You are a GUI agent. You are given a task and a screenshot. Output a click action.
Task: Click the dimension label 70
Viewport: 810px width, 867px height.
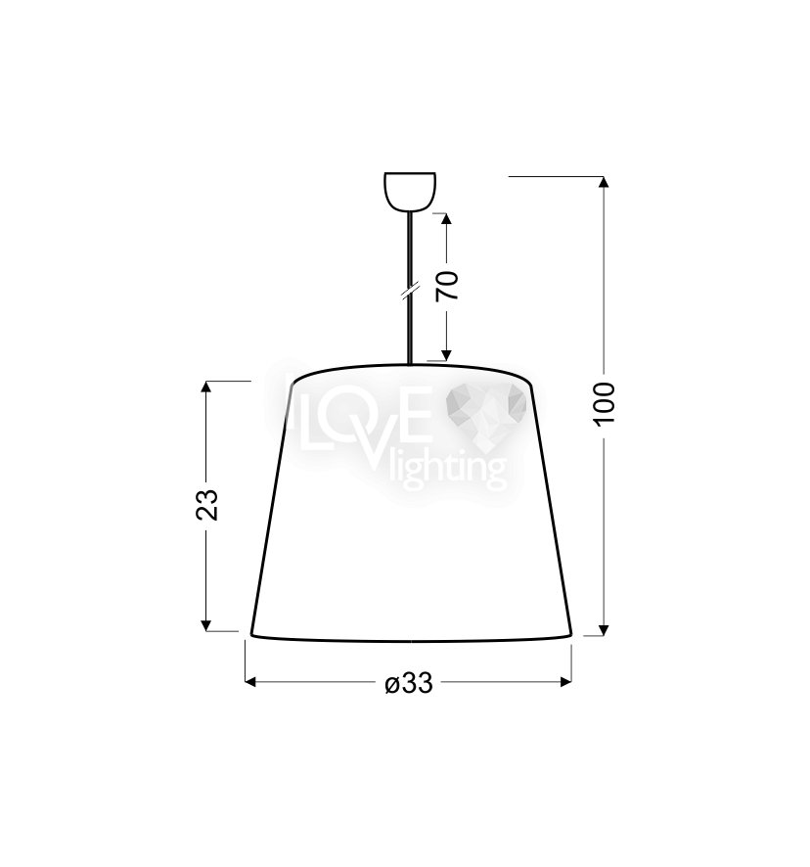pyautogui.click(x=448, y=286)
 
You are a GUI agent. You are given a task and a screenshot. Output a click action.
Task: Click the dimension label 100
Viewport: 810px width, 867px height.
pyautogui.click(x=605, y=403)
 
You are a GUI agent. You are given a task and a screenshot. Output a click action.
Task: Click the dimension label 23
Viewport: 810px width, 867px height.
pyautogui.click(x=207, y=504)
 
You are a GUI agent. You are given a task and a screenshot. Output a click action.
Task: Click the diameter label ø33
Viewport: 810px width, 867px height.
pyautogui.click(x=409, y=684)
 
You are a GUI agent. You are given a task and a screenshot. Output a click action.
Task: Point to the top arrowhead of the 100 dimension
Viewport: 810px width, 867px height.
pyautogui.click(x=604, y=182)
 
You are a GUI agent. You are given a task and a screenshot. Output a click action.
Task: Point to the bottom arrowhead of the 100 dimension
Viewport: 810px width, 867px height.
pyautogui.click(x=604, y=630)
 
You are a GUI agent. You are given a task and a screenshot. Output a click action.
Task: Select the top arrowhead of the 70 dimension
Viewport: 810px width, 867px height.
pyautogui.click(x=447, y=218)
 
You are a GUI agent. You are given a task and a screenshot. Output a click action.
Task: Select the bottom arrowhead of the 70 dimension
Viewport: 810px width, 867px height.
pyautogui.click(x=447, y=355)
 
